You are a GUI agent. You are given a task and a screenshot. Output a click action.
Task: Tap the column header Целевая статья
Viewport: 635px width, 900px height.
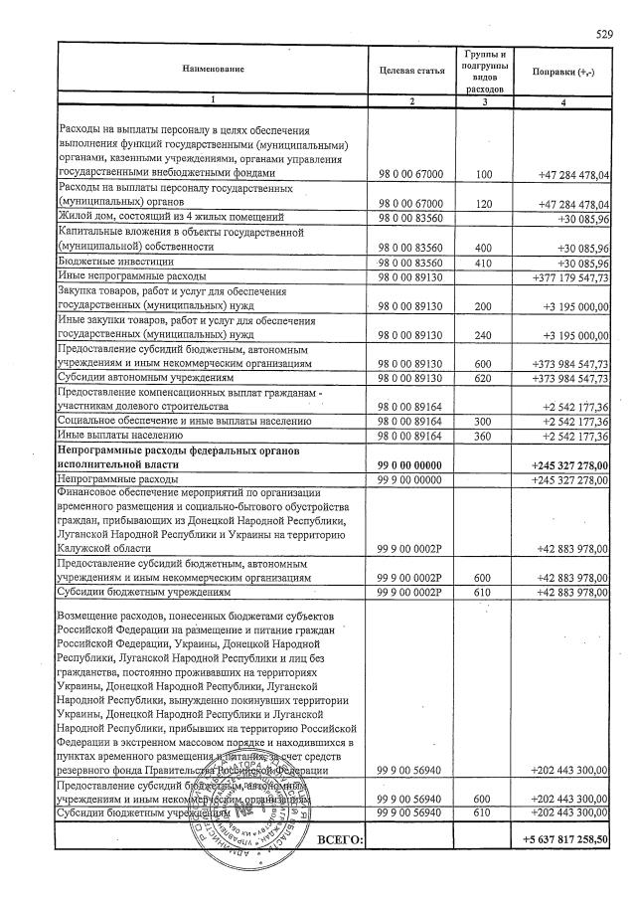pyautogui.click(x=410, y=69)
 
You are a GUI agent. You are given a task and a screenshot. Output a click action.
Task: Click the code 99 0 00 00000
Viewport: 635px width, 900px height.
pyautogui.click(x=410, y=464)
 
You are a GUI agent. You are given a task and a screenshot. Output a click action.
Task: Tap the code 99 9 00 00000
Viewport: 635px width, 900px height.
pyautogui.click(x=410, y=479)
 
